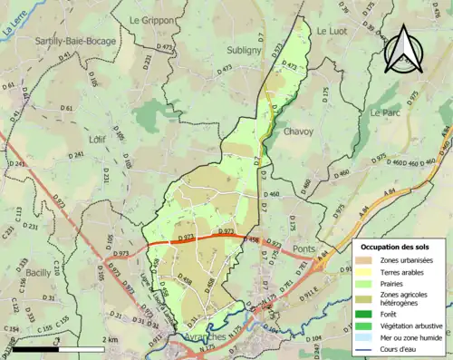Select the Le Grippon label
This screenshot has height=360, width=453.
(151, 19)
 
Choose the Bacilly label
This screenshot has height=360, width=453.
(38, 272)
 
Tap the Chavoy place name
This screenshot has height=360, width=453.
(299, 131)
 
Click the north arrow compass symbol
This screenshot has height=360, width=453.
(401, 49)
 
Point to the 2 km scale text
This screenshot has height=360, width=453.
(109, 339)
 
